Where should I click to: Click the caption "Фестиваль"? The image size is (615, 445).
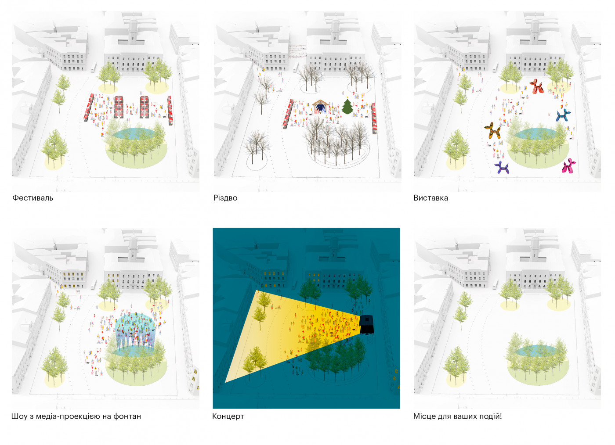pyautogui.click(x=33, y=198)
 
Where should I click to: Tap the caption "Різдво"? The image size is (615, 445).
pyautogui.click(x=225, y=198)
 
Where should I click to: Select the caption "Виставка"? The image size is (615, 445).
pyautogui.click(x=430, y=198)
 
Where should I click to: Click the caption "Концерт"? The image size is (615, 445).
pyautogui.click(x=228, y=416)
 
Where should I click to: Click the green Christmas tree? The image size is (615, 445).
pyautogui.click(x=347, y=106)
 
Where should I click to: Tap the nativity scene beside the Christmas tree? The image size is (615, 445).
pyautogui.click(x=320, y=106)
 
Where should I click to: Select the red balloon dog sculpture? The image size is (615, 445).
pyautogui.click(x=535, y=86)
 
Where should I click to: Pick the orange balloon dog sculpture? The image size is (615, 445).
pyautogui.click(x=493, y=131)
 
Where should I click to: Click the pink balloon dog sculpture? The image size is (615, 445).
pyautogui.click(x=568, y=166)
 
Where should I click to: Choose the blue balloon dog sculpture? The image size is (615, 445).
pyautogui.click(x=563, y=115)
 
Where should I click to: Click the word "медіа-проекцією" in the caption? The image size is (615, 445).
pyautogui.click(x=68, y=416)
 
